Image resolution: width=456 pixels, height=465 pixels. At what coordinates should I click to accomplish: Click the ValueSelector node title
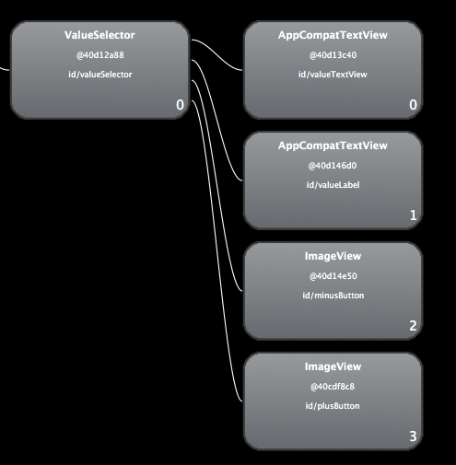pyautogui.click(x=99, y=35)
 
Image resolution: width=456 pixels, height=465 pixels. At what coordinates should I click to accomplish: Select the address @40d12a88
pyautogui.click(x=100, y=55)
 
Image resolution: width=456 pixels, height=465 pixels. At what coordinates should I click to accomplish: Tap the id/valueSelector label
pyautogui.click(x=100, y=75)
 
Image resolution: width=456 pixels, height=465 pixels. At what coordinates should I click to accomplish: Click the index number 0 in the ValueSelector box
pyautogui.click(x=180, y=105)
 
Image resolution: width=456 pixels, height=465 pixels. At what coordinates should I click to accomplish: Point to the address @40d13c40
pyautogui.click(x=333, y=55)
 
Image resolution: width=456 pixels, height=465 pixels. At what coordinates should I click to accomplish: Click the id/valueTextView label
pyautogui.click(x=333, y=75)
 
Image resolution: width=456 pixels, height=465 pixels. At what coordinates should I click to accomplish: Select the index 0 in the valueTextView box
pyautogui.click(x=413, y=105)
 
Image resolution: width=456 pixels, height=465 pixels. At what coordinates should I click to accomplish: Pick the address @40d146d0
pyautogui.click(x=333, y=166)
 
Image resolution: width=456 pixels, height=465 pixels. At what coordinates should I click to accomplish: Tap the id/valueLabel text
pyautogui.click(x=333, y=185)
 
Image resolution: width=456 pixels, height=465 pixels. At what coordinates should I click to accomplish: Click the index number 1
pyautogui.click(x=414, y=215)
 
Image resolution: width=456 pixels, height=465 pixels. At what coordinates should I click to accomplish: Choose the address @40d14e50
pyautogui.click(x=333, y=276)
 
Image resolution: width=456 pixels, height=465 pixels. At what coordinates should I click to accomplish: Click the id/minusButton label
pyautogui.click(x=333, y=296)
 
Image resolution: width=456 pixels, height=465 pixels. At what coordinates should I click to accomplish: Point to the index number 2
pyautogui.click(x=413, y=326)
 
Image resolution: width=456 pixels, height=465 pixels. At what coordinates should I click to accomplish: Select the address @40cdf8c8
pyautogui.click(x=333, y=387)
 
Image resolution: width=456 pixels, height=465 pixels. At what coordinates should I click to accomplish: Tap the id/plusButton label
pyautogui.click(x=333, y=406)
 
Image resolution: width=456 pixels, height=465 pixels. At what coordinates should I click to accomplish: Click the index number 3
pyautogui.click(x=413, y=436)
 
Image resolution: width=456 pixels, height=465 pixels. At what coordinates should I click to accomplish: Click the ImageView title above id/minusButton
pyautogui.click(x=333, y=256)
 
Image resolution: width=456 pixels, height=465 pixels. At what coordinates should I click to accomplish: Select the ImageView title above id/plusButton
pyautogui.click(x=333, y=366)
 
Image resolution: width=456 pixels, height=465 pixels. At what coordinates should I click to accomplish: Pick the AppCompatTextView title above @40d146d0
pyautogui.click(x=333, y=145)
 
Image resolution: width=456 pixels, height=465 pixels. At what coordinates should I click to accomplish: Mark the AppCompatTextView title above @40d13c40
pyautogui.click(x=333, y=35)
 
